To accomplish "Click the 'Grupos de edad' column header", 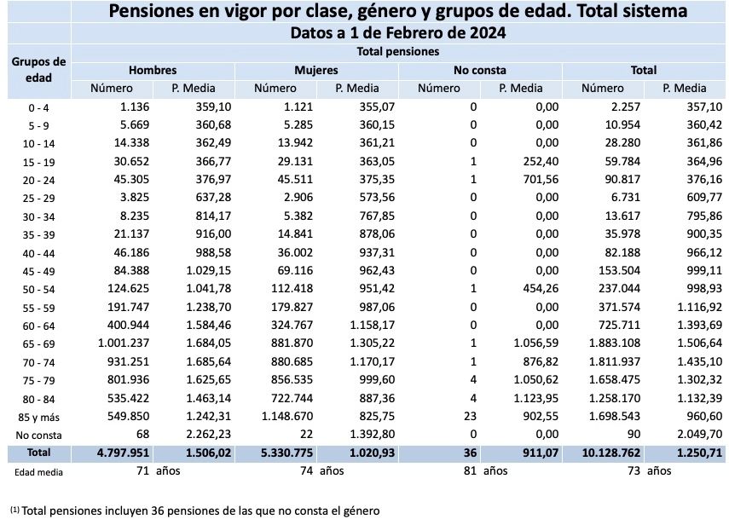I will [38, 70].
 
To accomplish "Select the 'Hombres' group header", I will [153, 70].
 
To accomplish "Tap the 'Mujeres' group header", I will [316, 70].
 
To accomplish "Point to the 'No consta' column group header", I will [480, 70].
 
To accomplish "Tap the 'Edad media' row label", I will [38, 470].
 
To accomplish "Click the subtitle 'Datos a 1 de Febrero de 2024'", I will [398, 34].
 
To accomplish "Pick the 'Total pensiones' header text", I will [398, 51].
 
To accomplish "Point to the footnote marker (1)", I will [14, 509].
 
